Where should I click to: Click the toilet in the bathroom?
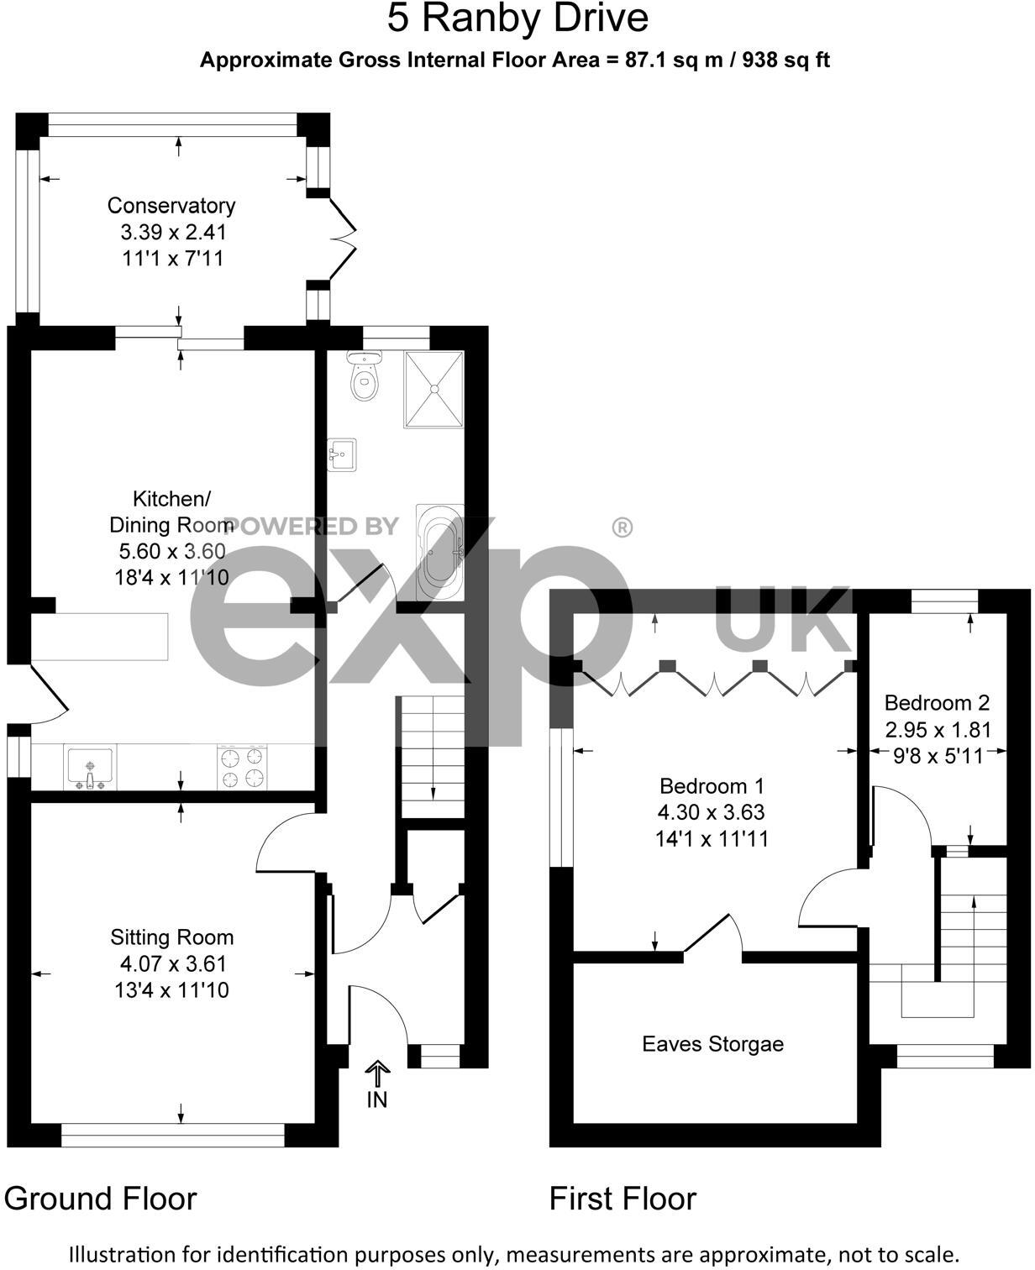pos(365,380)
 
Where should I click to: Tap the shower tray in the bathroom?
pos(433,389)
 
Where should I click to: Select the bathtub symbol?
pos(439,552)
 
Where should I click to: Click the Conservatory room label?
pos(171,206)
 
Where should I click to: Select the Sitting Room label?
pos(171,937)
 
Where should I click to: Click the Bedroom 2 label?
pos(937,703)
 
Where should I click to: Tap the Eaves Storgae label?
pos(712,1044)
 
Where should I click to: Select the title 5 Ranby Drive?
pos(517,19)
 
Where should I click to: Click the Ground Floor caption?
pos(100,1198)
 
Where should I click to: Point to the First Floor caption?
pos(623,1198)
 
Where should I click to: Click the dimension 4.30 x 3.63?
pos(712,812)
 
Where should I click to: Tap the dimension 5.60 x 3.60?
pos(171,551)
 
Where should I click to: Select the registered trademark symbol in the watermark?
pos(622,527)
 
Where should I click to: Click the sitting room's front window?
pos(173,1140)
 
